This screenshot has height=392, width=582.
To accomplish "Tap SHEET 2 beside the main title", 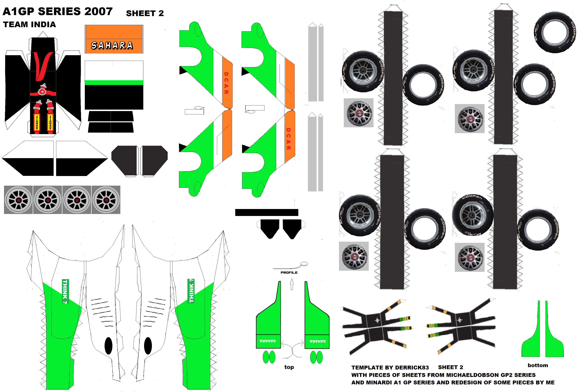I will [x=145, y=13].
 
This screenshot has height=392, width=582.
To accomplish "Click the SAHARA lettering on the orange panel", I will [x=112, y=46].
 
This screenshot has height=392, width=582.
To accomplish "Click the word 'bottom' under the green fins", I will [x=538, y=365].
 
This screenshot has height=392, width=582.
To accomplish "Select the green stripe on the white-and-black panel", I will [x=114, y=83].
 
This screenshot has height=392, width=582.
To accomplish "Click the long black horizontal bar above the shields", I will [x=267, y=212].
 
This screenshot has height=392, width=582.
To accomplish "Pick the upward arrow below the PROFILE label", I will [x=292, y=284].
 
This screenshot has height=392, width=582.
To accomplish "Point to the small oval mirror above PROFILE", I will [x=304, y=264].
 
